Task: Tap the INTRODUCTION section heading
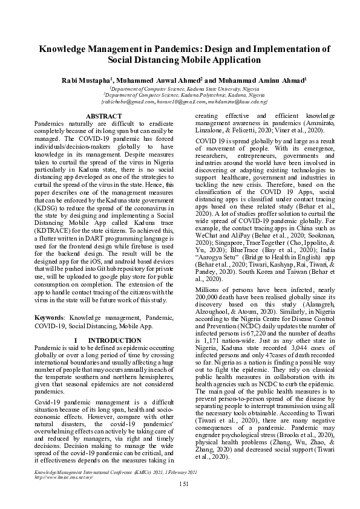[115, 340]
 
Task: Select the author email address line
[180, 102]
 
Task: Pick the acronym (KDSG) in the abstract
[48, 213]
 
